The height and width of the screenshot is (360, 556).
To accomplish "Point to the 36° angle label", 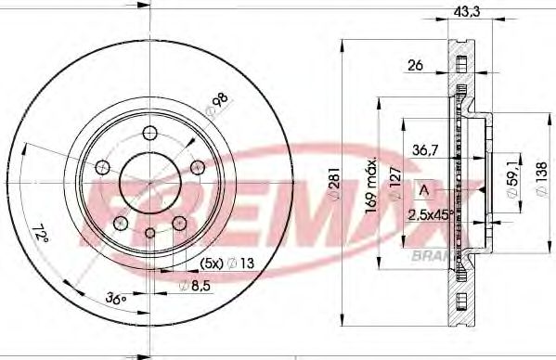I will [115, 300].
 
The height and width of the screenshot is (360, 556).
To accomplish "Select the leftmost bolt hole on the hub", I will [103, 166].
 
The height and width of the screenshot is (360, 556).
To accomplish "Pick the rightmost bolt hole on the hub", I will [196, 167].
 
